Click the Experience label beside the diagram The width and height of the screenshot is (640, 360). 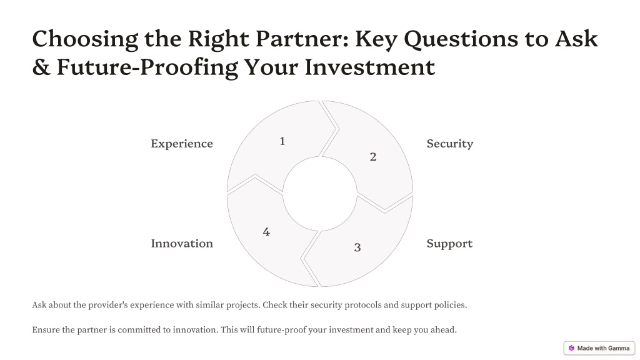[x=182, y=144]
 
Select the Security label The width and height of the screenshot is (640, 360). [x=450, y=144]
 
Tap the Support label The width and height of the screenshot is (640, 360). [x=449, y=244]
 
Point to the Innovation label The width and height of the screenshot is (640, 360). [x=182, y=243]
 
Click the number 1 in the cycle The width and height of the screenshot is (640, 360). [x=282, y=141]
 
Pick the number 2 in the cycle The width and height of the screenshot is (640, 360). [x=373, y=157]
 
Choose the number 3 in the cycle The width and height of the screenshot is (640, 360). [x=357, y=247]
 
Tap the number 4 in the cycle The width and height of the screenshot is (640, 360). [x=266, y=232]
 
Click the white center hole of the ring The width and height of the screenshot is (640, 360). [x=320, y=194]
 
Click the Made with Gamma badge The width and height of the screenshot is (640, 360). [x=599, y=348]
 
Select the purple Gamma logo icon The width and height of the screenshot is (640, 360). [x=571, y=348]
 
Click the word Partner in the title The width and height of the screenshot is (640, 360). [x=302, y=39]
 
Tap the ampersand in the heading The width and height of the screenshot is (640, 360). [x=41, y=67]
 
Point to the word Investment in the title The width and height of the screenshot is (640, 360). [x=370, y=67]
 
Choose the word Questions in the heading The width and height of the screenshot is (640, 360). [x=461, y=40]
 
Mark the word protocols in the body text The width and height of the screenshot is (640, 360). [x=363, y=305]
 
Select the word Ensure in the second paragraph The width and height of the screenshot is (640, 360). [x=46, y=330]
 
